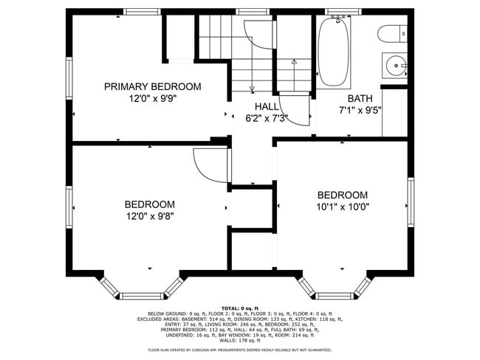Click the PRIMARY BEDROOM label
pos(152,86)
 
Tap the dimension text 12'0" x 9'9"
pos(152,98)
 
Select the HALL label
pos(266,105)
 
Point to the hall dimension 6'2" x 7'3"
pos(266,117)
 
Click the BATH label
pos(360,99)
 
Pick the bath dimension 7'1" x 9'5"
pos(360,111)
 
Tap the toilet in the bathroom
pos(391,33)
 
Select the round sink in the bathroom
pos(397,66)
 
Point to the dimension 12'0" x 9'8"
pos(149,216)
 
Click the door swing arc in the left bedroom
pos(209,166)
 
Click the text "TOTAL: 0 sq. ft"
pos(240,308)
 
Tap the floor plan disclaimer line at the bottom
pos(240,350)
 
